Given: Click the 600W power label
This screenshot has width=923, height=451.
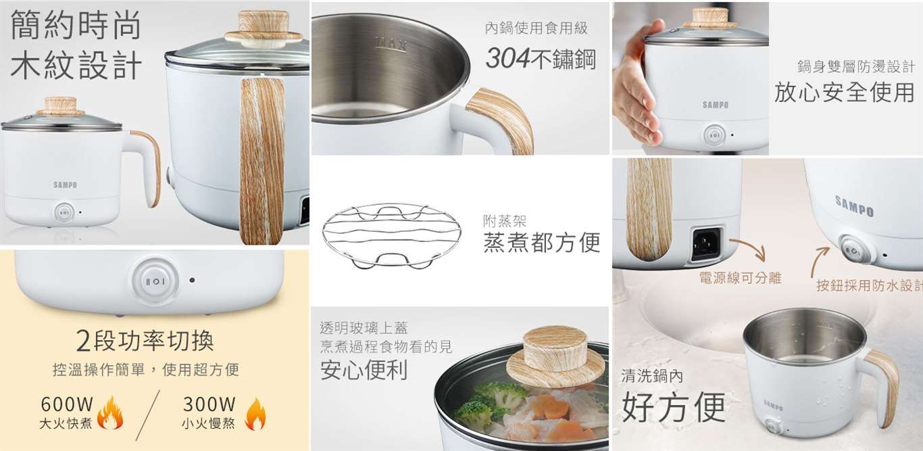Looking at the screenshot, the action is tap(67, 404).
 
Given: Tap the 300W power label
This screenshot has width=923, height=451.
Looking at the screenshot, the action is tap(209, 404).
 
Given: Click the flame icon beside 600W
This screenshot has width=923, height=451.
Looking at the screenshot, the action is tap(110, 413).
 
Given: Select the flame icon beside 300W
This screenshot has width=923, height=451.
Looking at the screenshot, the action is tap(255, 414).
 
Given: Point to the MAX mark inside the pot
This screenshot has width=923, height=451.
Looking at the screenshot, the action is tap(391, 43).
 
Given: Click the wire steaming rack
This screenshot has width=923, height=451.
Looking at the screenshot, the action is tap(391, 236).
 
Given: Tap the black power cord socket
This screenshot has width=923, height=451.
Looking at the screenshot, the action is tap(706, 243).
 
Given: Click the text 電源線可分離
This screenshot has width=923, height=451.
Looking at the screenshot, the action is tap(740, 278).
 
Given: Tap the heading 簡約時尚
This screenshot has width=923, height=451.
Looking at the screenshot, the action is tap(76, 25).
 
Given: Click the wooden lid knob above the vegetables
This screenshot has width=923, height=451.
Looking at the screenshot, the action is tap(555, 358).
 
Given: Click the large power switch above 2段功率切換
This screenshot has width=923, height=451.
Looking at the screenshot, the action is tap(155, 281).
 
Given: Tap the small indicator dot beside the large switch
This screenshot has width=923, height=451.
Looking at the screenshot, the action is tap(192, 281).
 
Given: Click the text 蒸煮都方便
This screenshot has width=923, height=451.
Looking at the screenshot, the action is tap(541, 242).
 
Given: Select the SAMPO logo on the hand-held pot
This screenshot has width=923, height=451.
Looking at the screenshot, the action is tap(716, 105).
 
